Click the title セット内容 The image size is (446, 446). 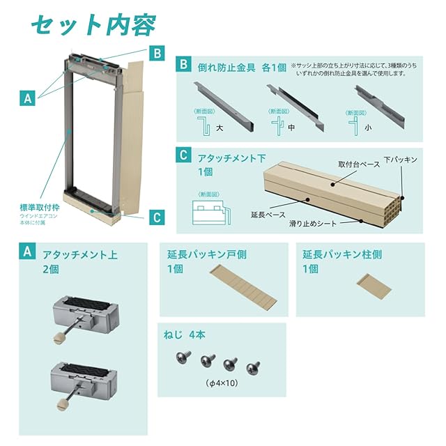click(x=93, y=25)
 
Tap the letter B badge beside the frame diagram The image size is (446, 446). click(x=157, y=53)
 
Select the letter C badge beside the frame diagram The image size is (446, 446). click(x=157, y=217)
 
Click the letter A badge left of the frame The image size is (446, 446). click(x=27, y=98)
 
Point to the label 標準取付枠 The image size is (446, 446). click(x=40, y=208)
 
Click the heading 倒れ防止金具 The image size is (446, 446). click(x=226, y=68)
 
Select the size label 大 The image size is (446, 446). click(x=220, y=128)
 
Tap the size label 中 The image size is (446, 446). click(x=291, y=128)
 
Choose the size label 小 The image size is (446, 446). click(x=368, y=128)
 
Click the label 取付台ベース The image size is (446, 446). click(x=359, y=164)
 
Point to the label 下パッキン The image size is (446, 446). click(x=401, y=160)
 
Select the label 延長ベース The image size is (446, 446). click(x=268, y=215)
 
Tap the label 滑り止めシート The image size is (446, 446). click(x=313, y=224)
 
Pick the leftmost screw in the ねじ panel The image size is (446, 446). click(x=183, y=357)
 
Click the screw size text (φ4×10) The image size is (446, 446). click(x=222, y=383)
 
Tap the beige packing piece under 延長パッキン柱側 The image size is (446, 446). click(x=374, y=286)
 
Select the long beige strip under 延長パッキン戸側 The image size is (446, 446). click(x=243, y=288)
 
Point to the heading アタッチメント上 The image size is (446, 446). click(x=80, y=254)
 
